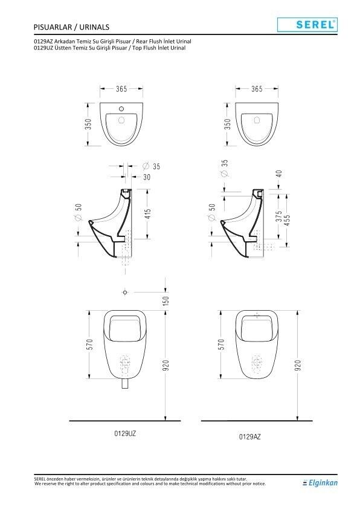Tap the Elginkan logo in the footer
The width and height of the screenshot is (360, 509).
tap(320, 482)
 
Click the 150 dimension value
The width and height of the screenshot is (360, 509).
tap(165, 299)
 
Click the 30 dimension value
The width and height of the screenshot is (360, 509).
tap(147, 177)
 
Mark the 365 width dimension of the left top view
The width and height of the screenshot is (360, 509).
tap(121, 89)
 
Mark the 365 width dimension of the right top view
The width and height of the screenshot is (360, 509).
tap(256, 89)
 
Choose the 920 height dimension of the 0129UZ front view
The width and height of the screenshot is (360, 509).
tap(165, 365)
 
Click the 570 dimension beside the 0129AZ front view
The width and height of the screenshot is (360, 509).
tap(222, 344)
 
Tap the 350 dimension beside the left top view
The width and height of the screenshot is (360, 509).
tap(88, 123)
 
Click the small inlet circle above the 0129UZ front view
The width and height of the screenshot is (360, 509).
tap(124, 293)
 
